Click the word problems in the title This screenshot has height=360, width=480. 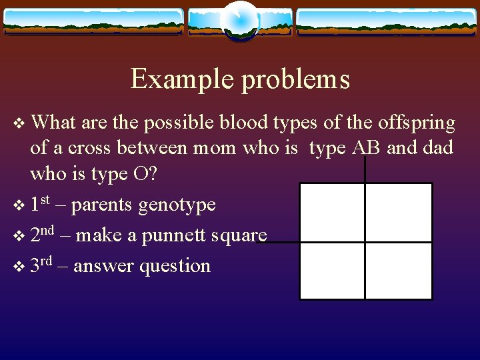pos(295,80)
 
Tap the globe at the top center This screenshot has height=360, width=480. pos(239,20)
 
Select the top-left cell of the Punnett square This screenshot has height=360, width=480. pos(331,212)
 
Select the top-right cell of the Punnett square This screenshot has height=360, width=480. pos(399,212)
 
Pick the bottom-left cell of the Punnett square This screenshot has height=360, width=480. pos(331,271)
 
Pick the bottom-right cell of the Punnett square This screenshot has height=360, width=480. pos(399,271)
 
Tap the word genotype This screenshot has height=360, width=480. pos(177,205)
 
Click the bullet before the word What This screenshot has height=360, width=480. pos(19,124)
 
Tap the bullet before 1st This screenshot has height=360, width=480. pos(19,205)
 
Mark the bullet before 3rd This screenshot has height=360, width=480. pos(19,267)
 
